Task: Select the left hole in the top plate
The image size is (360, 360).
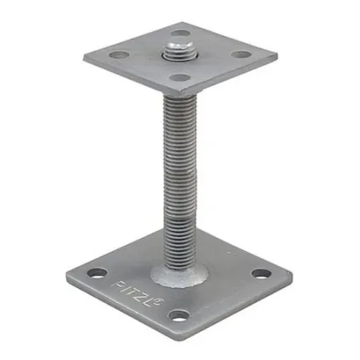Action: tap(120, 56)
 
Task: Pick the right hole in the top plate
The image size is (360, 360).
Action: tap(240, 56)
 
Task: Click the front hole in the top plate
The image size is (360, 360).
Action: tap(181, 78)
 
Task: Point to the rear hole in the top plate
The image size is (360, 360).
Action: tap(181, 34)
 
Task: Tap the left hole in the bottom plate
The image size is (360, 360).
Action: tap(98, 273)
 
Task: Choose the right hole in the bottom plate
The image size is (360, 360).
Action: tap(261, 273)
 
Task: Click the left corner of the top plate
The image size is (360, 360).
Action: tap(84, 55)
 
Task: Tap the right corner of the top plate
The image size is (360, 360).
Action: tap(277, 58)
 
